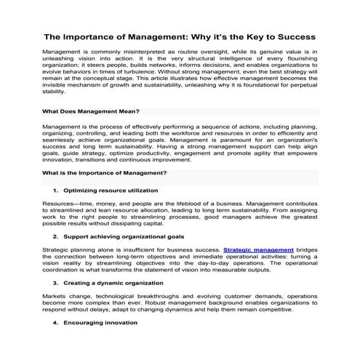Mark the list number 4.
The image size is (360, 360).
pyautogui.click(x=55, y=321)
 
